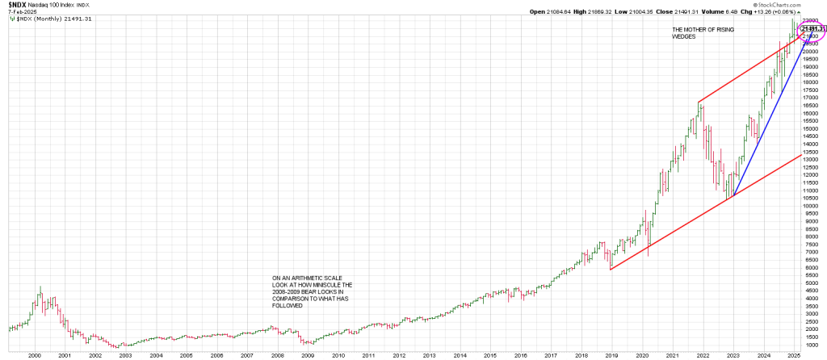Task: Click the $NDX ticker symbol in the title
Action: coord(15,4)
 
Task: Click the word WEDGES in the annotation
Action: coord(686,36)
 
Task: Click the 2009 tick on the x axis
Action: coord(308,354)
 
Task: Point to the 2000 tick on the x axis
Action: coord(34,354)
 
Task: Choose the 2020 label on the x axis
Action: coord(643,354)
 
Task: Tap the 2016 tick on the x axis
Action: coord(521,354)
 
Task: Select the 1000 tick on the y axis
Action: coord(810,345)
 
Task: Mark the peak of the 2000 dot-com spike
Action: coord(40,287)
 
